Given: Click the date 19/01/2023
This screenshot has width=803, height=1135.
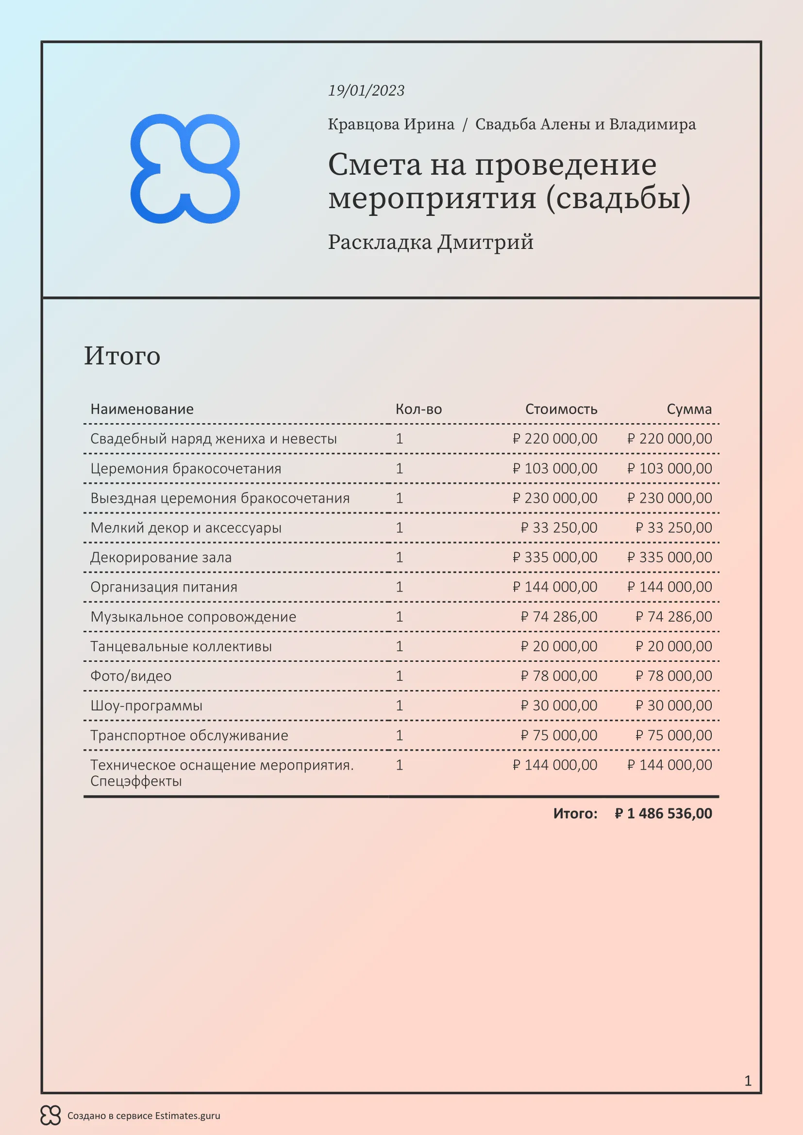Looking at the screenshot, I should click(366, 90).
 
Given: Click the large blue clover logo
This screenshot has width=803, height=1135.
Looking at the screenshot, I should click(185, 168).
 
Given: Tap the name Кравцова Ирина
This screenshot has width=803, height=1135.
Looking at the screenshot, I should click(391, 124).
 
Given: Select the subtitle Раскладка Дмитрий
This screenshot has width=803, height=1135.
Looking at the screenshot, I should click(431, 242).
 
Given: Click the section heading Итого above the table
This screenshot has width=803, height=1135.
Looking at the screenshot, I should click(122, 355).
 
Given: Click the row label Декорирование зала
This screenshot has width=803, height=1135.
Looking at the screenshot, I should click(161, 557).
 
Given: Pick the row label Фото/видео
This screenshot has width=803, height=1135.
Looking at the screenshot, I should click(131, 676).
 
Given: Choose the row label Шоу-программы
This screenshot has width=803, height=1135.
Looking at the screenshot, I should click(146, 706).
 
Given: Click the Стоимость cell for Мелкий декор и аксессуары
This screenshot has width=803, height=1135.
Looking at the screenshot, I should click(559, 527).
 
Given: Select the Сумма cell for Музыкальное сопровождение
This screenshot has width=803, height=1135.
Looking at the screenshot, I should click(673, 616).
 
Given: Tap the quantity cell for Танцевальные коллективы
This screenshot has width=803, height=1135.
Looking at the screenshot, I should click(400, 646).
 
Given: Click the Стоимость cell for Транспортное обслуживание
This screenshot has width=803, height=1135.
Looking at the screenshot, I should click(559, 735).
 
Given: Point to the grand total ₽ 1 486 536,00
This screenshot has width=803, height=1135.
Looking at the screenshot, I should click(663, 813).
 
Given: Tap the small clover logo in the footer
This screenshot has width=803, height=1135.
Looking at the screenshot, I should click(50, 1115).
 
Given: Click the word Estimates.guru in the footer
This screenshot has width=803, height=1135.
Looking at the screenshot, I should click(187, 1116).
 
